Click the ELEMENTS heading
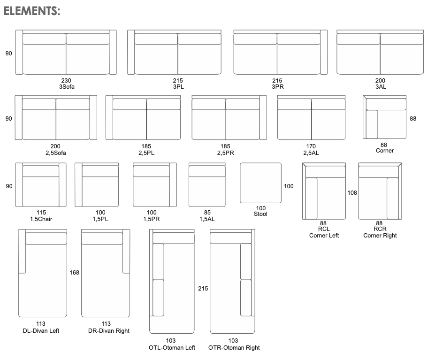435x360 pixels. [x=31, y=11]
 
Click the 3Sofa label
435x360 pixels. [x=67, y=87]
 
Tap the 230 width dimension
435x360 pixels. [x=66, y=80]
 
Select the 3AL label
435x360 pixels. [x=381, y=87]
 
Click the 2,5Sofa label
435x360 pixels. [x=56, y=153]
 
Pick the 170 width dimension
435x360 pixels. [x=311, y=146]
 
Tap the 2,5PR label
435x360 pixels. [x=226, y=153]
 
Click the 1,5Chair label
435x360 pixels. [x=41, y=219]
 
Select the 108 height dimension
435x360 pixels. [x=352, y=192]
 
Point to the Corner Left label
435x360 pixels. [x=324, y=235]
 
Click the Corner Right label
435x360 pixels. [x=380, y=235]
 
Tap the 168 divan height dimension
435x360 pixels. [x=74, y=273]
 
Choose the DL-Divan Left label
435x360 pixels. [x=41, y=330]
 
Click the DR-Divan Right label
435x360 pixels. [x=109, y=330]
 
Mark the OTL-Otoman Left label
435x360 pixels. [x=172, y=347]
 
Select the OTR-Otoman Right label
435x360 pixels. [x=234, y=347]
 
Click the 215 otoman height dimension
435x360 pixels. [x=203, y=289]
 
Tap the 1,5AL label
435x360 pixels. [x=207, y=219]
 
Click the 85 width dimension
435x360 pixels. [x=207, y=212]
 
